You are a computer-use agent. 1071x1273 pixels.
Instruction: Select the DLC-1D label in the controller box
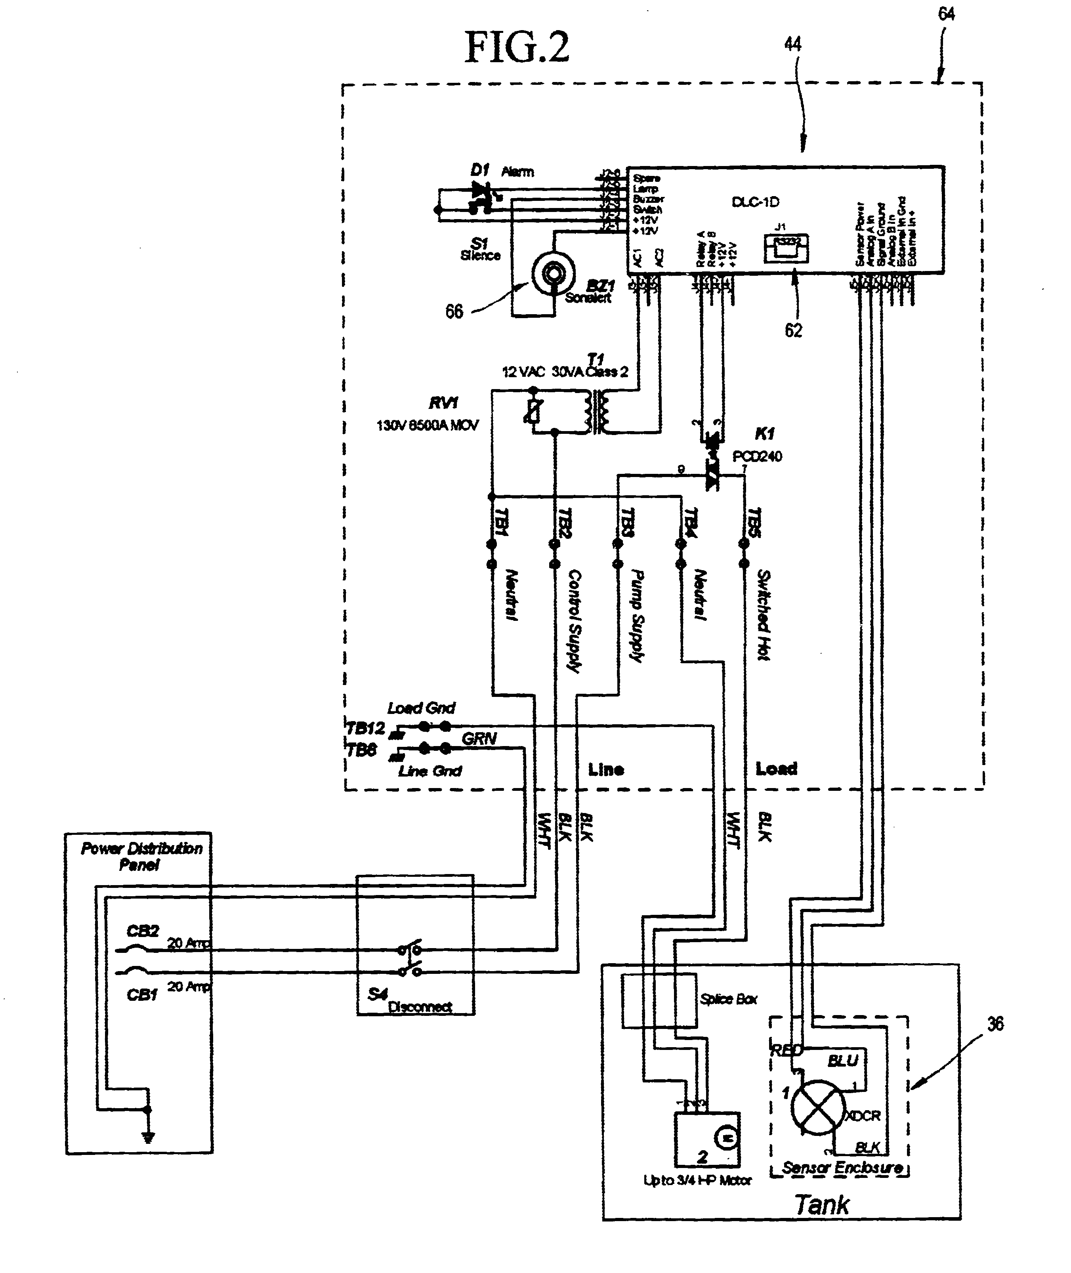[755, 202]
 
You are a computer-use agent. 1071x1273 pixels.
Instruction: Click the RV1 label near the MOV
[443, 403]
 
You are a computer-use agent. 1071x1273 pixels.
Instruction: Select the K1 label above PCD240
[764, 433]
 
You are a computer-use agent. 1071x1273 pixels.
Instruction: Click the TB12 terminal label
[365, 728]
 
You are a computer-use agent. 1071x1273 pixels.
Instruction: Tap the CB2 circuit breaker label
[142, 931]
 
